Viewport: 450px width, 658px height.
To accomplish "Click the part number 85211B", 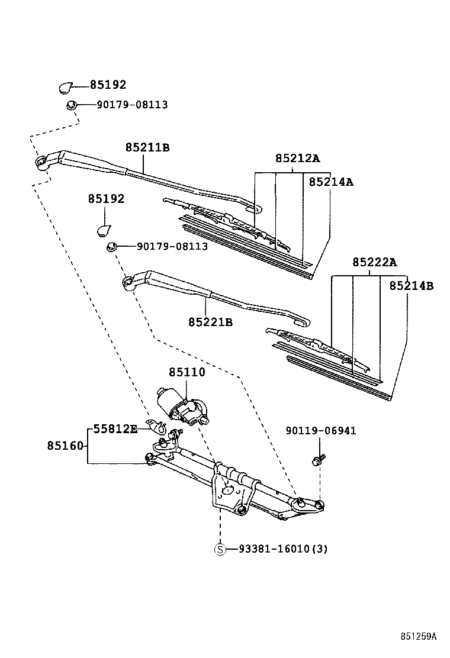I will tap(147, 147).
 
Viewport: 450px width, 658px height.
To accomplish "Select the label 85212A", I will tap(297, 158).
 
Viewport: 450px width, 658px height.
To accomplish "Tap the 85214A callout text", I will tap(330, 182).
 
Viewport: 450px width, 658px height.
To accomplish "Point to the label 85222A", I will tap(374, 262).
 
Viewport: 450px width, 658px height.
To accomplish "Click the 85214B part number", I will tap(411, 286).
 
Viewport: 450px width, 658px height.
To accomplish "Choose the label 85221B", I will tap(210, 322).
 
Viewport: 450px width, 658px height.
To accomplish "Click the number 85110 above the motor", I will tap(187, 372).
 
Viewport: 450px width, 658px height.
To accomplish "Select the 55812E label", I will tap(115, 429).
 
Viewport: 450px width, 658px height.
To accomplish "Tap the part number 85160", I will tap(67, 445).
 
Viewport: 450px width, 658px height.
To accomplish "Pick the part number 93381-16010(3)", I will tap(283, 549).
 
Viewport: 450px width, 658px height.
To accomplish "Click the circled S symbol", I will tap(220, 549).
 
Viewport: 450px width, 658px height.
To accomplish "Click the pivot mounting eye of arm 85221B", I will tap(126, 282).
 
